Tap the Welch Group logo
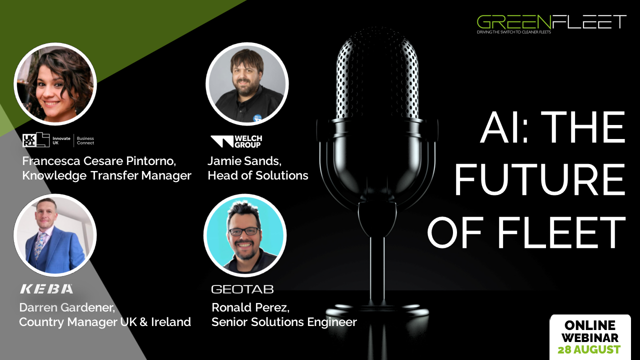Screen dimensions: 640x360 point(236,141)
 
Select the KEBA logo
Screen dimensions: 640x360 point(46,289)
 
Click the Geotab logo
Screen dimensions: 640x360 point(242,289)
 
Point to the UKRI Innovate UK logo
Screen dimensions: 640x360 point(58,140)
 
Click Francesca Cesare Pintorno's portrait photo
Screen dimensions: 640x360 point(55,84)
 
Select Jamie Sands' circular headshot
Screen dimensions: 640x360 point(247,84)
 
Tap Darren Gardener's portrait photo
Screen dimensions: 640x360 point(55,235)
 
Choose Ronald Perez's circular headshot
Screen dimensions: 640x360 point(245,235)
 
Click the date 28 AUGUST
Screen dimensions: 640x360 point(589,349)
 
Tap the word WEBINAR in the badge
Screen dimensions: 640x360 point(590,337)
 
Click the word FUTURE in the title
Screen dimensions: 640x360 point(539,179)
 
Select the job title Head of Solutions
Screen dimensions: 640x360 point(258,175)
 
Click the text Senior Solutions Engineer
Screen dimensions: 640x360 point(284,322)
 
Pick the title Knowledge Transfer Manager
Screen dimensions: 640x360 point(107,175)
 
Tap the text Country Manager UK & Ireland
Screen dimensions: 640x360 point(105,322)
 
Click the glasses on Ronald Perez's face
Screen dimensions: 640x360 point(244,231)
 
